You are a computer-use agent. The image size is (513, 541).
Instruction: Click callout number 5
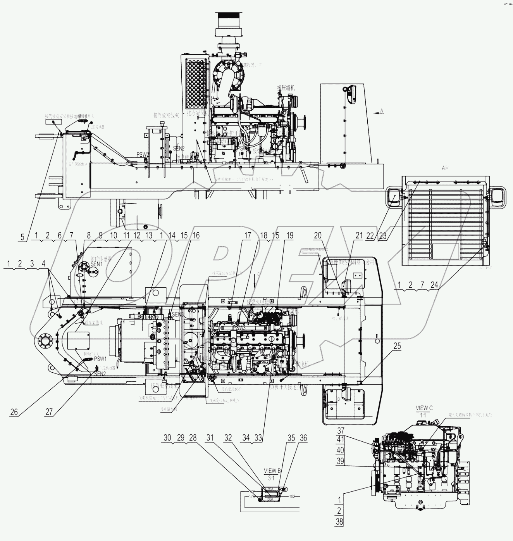(x=22, y=236)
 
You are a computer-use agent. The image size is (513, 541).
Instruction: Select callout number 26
(x=14, y=412)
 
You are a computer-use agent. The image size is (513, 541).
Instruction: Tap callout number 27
(x=49, y=412)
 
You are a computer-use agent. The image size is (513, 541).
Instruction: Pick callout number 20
(x=318, y=235)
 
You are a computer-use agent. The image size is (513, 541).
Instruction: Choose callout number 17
(x=248, y=235)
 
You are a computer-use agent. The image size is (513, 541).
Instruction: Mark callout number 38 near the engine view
(x=340, y=522)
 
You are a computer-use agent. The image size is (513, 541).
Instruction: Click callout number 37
(x=340, y=431)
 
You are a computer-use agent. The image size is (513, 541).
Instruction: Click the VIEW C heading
(x=424, y=408)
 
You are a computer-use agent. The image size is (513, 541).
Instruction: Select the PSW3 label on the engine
(x=239, y=328)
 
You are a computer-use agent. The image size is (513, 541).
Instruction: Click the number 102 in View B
(x=292, y=496)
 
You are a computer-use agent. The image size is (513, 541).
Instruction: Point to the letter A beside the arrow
(x=381, y=111)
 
